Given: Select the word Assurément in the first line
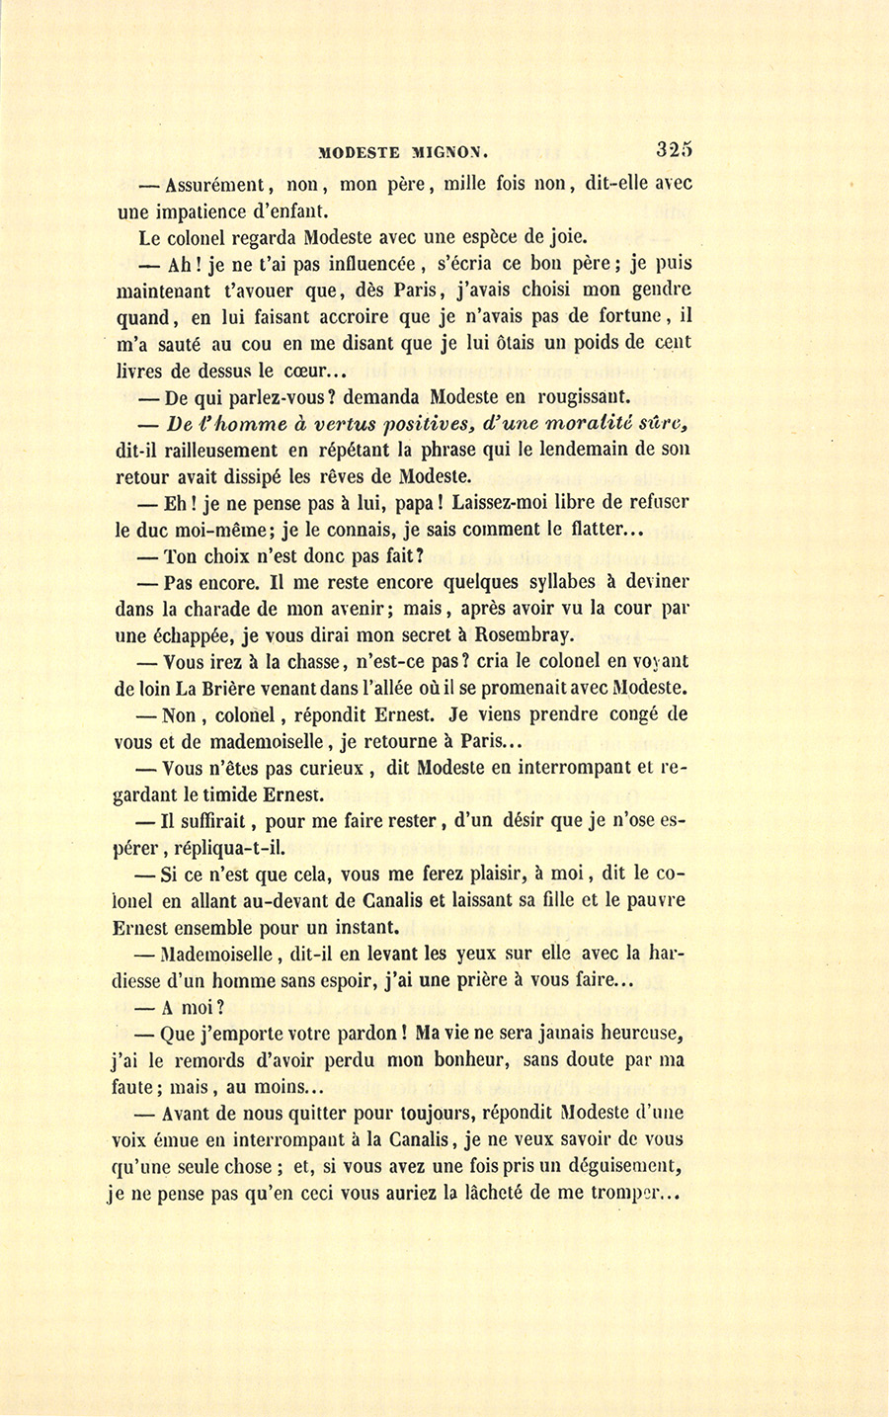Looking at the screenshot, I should [x=213, y=184].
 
